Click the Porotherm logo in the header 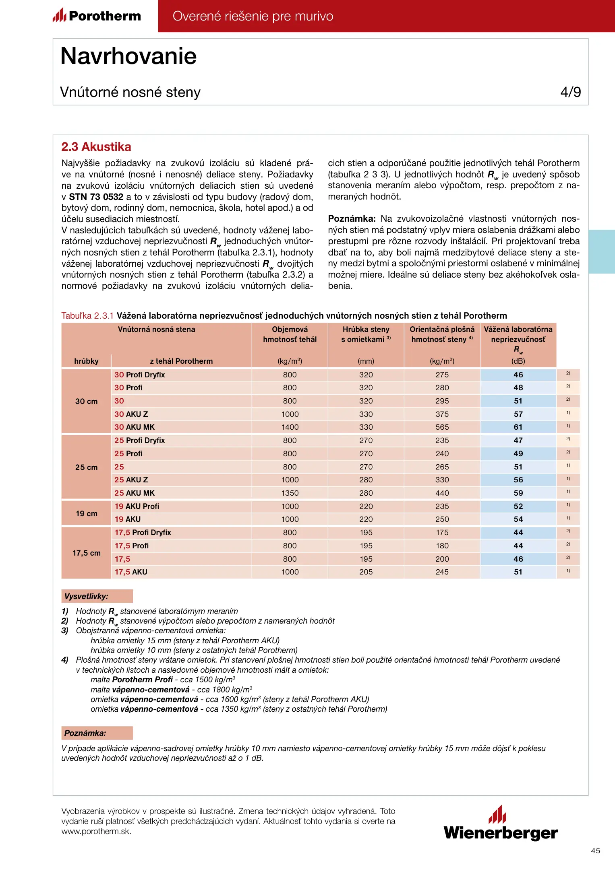[x=97, y=16]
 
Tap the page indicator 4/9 [x=570, y=92]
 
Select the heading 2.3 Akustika [x=96, y=147]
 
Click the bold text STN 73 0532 [x=96, y=197]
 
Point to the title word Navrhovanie [x=128, y=56]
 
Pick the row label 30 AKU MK [x=135, y=427]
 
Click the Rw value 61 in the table [x=518, y=427]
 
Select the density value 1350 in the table [x=290, y=493]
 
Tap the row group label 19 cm [x=87, y=513]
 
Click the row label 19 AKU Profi [x=137, y=506]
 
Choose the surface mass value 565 [x=442, y=427]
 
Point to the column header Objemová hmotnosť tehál [x=290, y=334]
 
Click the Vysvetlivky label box [x=97, y=596]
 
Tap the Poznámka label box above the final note [x=97, y=733]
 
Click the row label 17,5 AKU [x=131, y=572]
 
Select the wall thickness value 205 [x=366, y=572]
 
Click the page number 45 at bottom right [x=595, y=850]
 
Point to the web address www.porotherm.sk [x=96, y=831]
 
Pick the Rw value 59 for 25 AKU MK [x=518, y=493]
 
